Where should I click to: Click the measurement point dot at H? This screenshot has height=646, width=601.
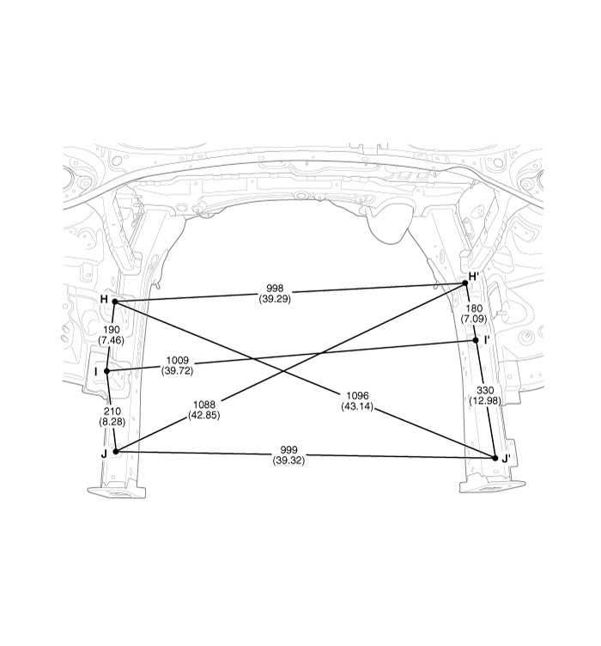pyautogui.click(x=114, y=302)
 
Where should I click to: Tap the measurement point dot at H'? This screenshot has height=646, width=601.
pyautogui.click(x=465, y=283)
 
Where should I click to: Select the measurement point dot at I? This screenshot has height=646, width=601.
pyautogui.click(x=107, y=371)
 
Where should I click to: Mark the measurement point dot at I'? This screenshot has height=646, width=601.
pyautogui.click(x=476, y=340)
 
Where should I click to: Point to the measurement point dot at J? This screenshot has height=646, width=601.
pyautogui.click(x=115, y=451)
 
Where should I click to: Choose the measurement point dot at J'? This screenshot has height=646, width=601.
pyautogui.click(x=495, y=458)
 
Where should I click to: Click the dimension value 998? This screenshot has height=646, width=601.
pyautogui.click(x=276, y=289)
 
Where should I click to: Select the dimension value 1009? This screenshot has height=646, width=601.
pyautogui.click(x=177, y=361)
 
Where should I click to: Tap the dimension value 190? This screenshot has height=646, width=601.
pyautogui.click(x=111, y=330)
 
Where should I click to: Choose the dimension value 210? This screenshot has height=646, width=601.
pyautogui.click(x=112, y=412)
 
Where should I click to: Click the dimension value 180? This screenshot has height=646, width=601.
pyautogui.click(x=474, y=308)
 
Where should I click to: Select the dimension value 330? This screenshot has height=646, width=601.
pyautogui.click(x=484, y=390)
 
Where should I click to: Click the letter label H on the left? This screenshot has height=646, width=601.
pyautogui.click(x=104, y=299)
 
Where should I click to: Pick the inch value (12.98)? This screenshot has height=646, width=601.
pyautogui.click(x=484, y=400)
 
